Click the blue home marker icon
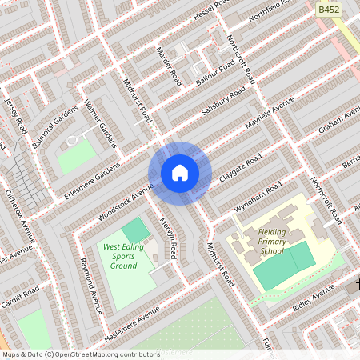click(x=180, y=173)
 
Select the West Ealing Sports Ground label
click(x=124, y=256)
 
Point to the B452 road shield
click(x=327, y=9)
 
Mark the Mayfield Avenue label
click(x=270, y=118)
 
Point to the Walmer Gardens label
click(x=102, y=124)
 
